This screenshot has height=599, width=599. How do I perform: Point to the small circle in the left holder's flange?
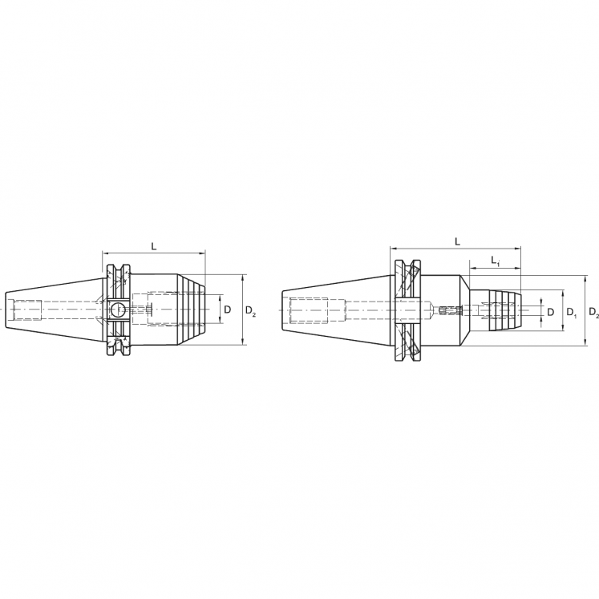(x=117, y=310)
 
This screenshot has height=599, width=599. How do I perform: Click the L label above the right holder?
(x=457, y=241)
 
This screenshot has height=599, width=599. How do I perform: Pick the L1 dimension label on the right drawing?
(x=496, y=262)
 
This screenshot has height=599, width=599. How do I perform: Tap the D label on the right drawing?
(x=550, y=311)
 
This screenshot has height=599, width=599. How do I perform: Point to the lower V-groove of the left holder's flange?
(x=122, y=344)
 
